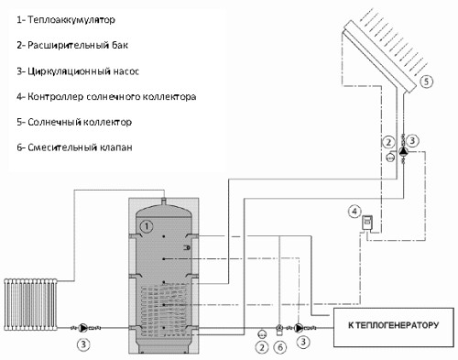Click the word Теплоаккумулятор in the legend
coord(71,20)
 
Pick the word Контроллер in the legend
coord(56,96)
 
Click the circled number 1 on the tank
coord(147,226)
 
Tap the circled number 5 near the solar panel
coord(426,82)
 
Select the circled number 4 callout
coord(354,212)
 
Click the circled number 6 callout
coord(280,347)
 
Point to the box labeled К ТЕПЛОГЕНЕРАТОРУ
coord(393,327)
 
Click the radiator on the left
coord(31,304)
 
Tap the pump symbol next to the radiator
coord(83,328)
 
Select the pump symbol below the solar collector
coord(403,150)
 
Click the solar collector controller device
coord(367,223)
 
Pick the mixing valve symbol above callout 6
coord(279,329)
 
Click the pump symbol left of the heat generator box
coord(299,328)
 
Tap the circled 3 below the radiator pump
coord(83,344)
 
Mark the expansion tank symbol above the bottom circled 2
coord(262,334)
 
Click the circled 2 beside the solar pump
coord(388,142)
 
